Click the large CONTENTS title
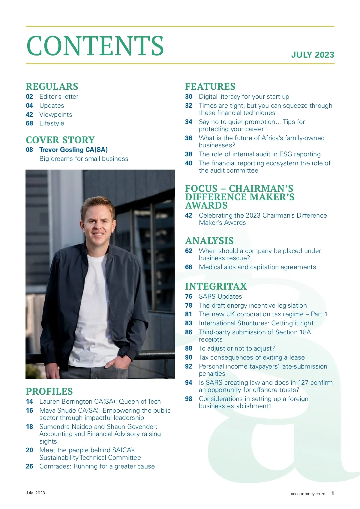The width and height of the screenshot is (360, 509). click(x=95, y=46)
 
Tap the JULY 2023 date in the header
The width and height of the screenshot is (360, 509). click(x=312, y=55)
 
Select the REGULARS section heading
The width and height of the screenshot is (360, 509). click(x=52, y=86)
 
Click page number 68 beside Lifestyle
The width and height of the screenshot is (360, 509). click(x=29, y=123)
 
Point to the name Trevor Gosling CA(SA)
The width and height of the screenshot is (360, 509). click(x=73, y=149)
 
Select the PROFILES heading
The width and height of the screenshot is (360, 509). click(x=49, y=391)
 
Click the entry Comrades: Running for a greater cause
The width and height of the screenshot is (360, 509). click(x=97, y=466)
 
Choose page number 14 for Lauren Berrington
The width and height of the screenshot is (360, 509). click(x=29, y=402)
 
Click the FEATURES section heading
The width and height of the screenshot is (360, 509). click(x=210, y=86)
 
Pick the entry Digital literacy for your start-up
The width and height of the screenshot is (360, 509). click(x=244, y=97)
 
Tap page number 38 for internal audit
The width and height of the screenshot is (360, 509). click(x=189, y=154)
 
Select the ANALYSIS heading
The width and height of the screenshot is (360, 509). click(x=209, y=241)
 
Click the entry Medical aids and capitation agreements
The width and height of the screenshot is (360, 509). click(x=257, y=267)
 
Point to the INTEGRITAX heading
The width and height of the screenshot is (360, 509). click(x=216, y=286)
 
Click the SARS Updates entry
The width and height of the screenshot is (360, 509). click(x=220, y=297)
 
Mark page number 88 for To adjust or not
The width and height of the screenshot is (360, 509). click(x=189, y=348)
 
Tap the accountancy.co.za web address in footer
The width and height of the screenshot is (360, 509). click(x=308, y=494)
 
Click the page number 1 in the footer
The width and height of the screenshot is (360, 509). click(x=332, y=493)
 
